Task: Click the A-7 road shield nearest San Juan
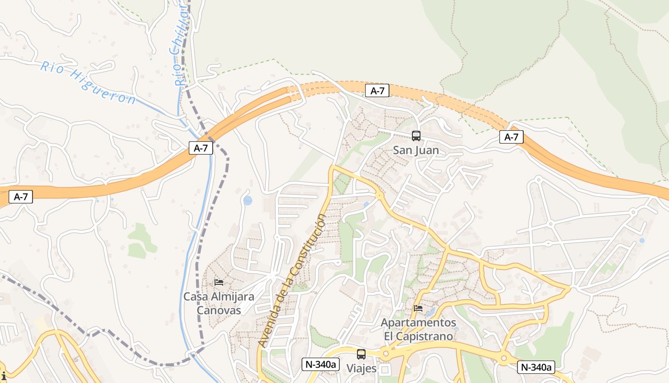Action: [x=377, y=91]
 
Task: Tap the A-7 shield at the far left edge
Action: [x=21, y=196]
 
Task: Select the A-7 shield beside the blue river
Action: [x=201, y=148]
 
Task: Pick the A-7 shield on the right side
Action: [x=511, y=137]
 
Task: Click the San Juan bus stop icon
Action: [x=416, y=136]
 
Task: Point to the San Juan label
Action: [x=416, y=150]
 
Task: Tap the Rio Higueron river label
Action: [x=88, y=82]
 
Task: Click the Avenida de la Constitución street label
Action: [x=292, y=281]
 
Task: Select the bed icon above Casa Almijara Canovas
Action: [x=219, y=282]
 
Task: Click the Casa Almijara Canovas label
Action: [x=219, y=304]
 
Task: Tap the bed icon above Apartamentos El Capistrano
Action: [x=418, y=308]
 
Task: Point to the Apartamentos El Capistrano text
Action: [x=418, y=329]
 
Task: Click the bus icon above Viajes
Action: [x=361, y=354]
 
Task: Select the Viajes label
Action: [x=361, y=369]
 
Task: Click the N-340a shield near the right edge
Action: [x=536, y=367]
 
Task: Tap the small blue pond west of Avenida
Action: [x=248, y=201]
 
